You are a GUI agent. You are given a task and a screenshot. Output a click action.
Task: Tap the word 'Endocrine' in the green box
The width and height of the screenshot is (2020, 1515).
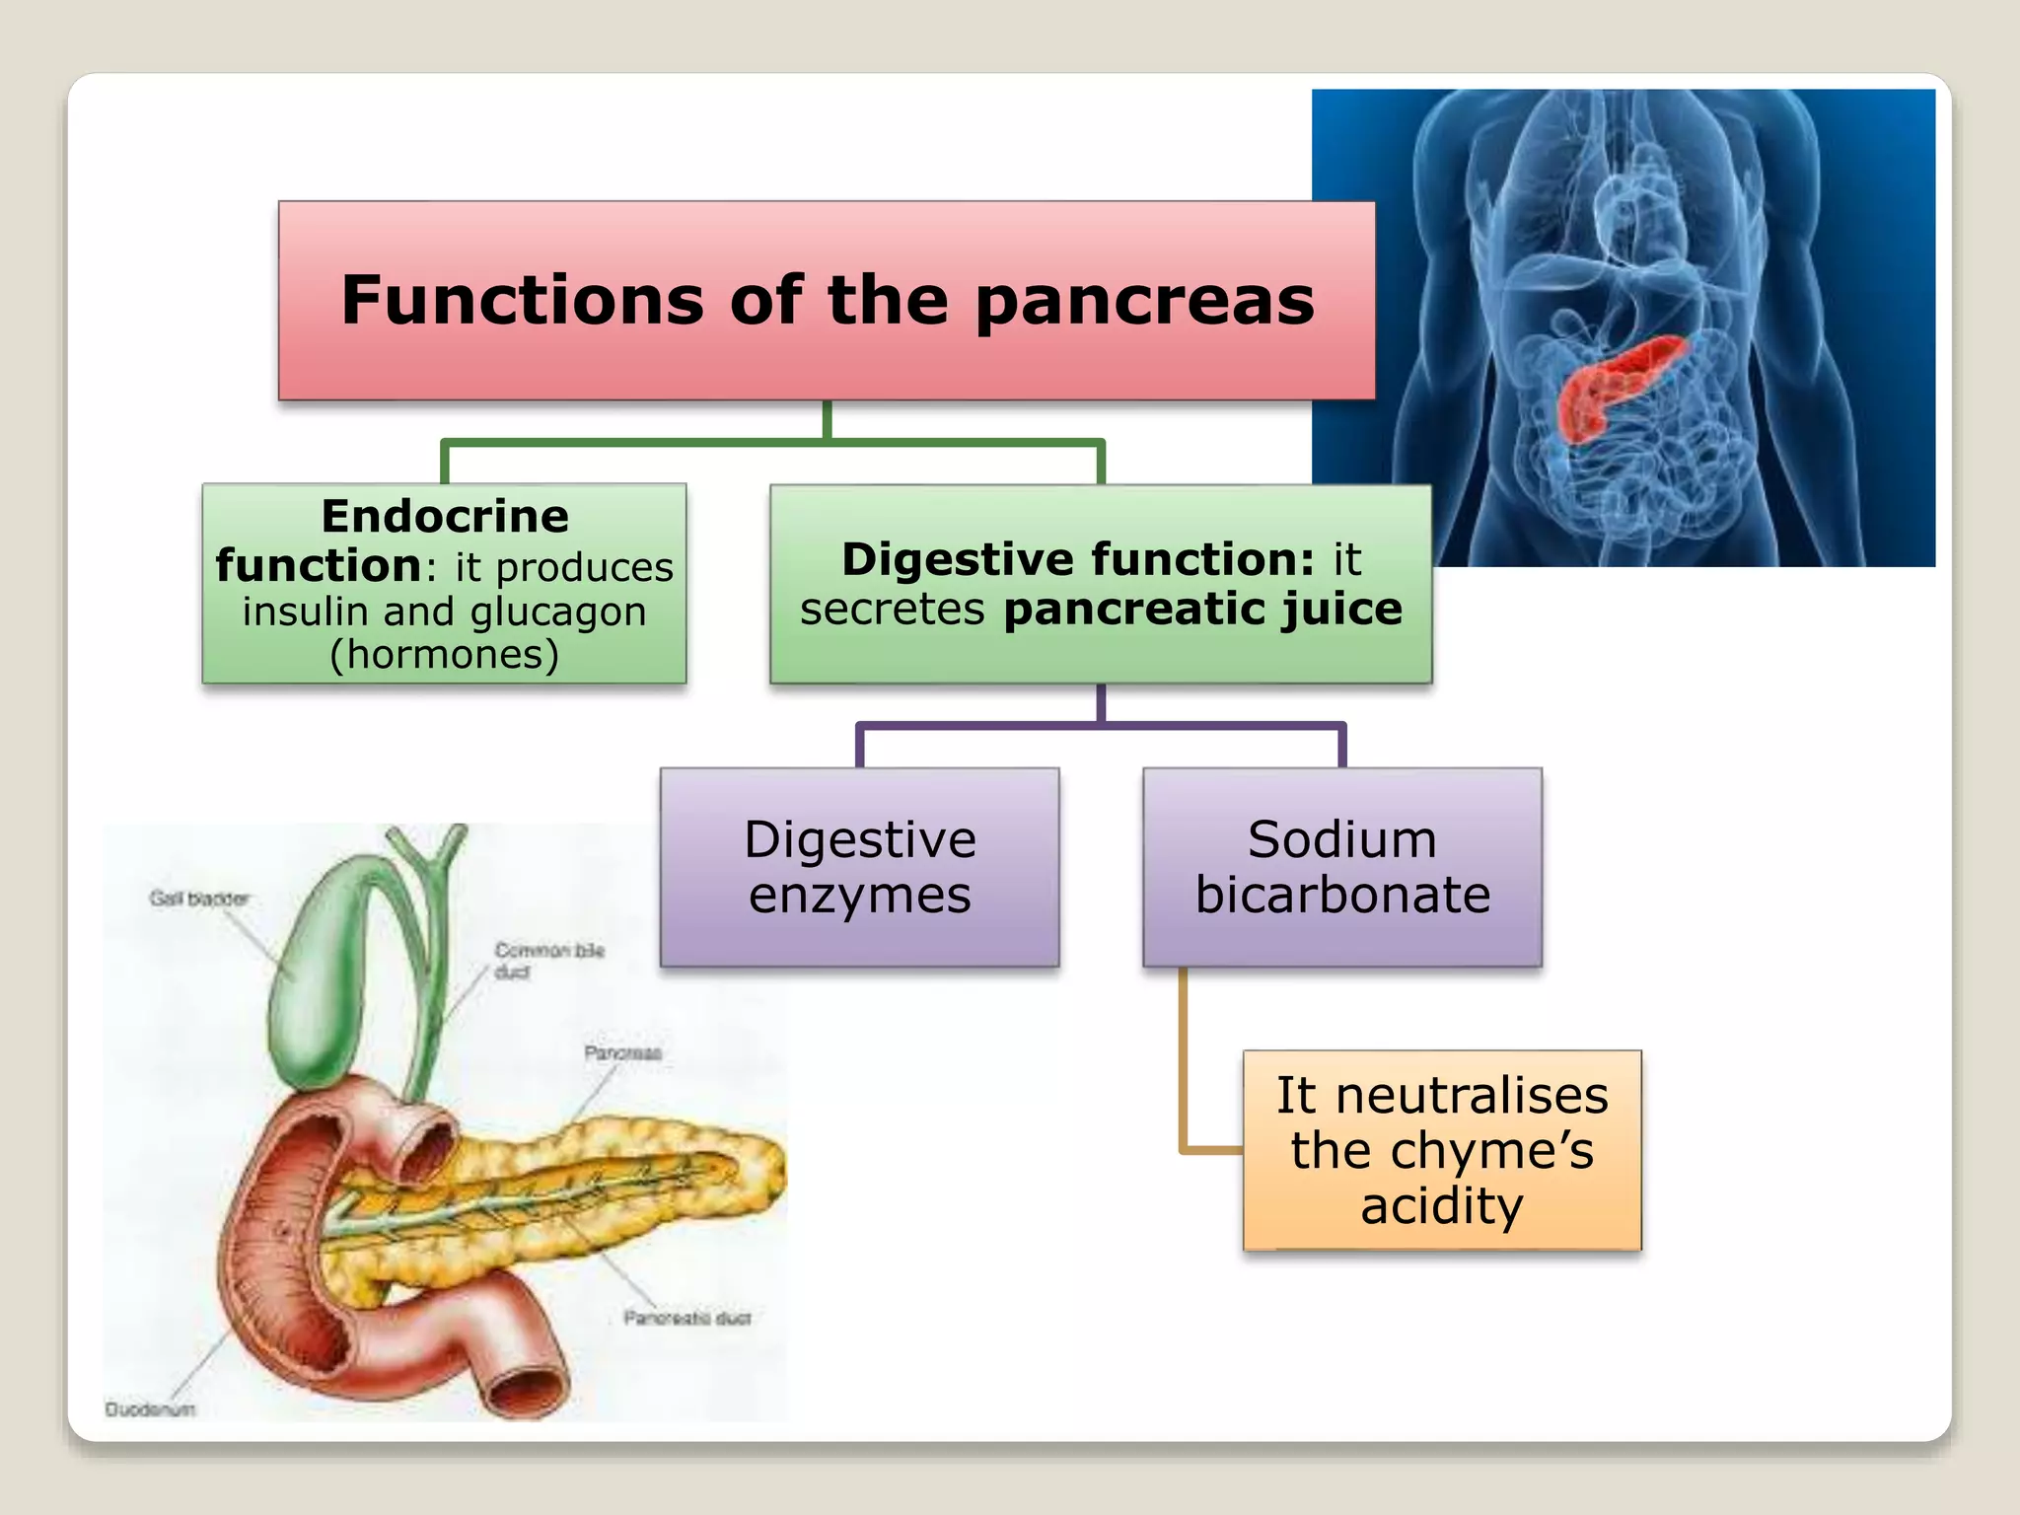click(445, 516)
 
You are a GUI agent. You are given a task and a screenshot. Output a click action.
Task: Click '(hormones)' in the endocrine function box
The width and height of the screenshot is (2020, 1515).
click(444, 655)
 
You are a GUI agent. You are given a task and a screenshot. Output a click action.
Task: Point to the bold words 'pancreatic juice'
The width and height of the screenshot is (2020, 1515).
click(1202, 609)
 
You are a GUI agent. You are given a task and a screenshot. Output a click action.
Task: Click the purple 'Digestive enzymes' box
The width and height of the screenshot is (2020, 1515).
click(859, 867)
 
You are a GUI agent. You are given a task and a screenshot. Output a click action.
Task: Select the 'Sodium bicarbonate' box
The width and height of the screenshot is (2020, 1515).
click(1341, 867)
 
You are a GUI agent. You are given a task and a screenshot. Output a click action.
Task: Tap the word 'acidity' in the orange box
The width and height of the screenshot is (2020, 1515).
click(1441, 1206)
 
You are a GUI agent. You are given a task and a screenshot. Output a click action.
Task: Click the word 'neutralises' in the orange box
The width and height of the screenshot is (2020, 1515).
click(1472, 1095)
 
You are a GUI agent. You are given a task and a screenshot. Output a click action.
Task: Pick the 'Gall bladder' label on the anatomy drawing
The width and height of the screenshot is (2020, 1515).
click(198, 899)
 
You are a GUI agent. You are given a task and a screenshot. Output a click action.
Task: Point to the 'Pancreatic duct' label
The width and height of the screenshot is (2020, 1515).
click(686, 1318)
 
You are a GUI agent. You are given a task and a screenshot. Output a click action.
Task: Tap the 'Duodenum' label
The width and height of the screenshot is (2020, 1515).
click(150, 1409)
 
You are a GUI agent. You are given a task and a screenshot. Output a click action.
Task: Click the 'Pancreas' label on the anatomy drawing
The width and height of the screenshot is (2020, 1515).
click(622, 1053)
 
